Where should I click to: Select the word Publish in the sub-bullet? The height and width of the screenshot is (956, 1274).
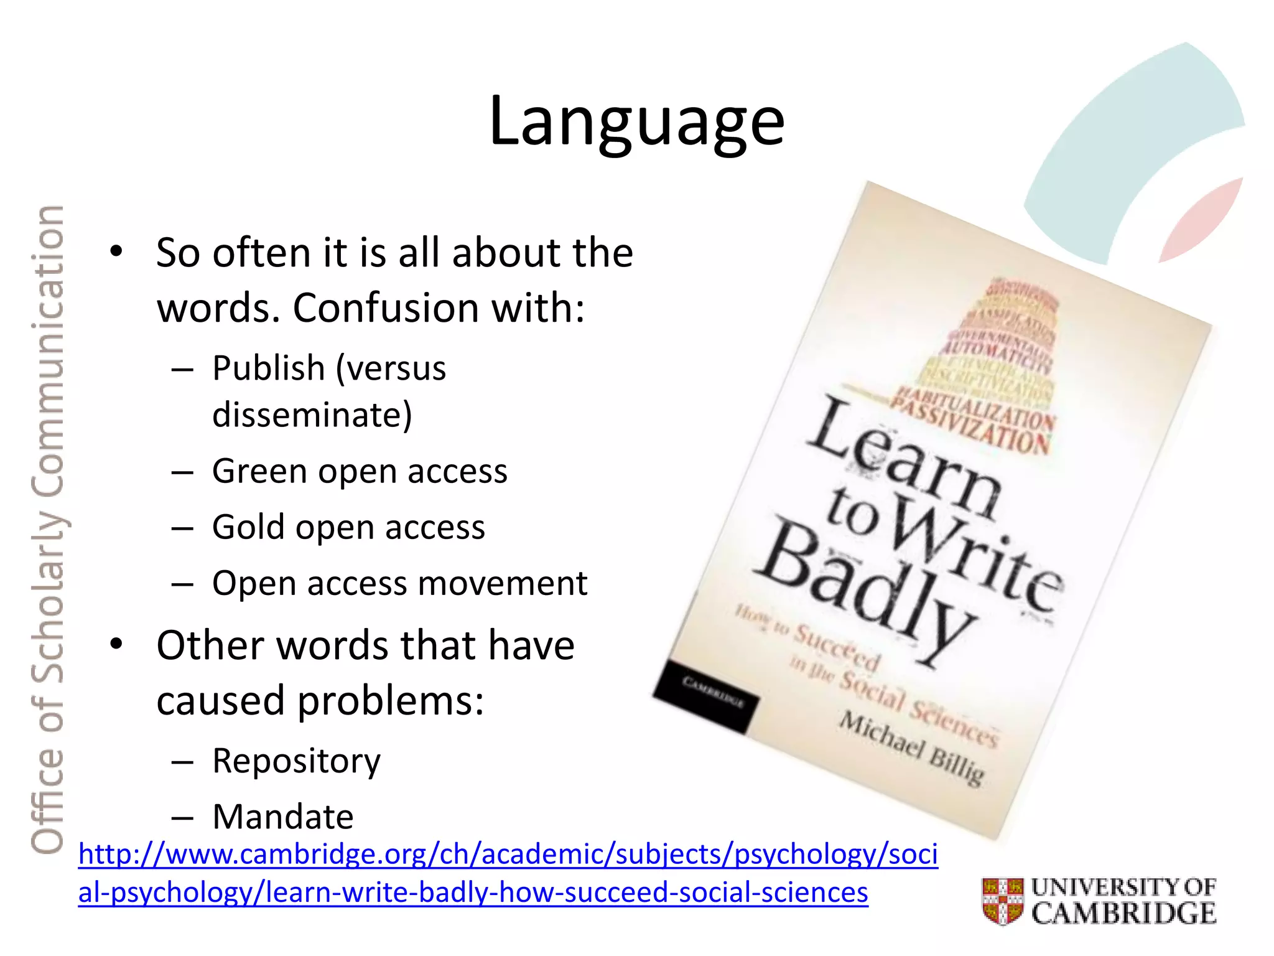click(x=268, y=368)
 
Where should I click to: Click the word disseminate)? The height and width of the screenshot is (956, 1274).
click(x=312, y=415)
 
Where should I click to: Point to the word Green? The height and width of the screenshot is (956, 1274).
click(x=260, y=471)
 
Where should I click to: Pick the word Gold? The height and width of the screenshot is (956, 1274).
click(x=248, y=527)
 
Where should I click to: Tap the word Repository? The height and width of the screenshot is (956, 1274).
click(x=296, y=761)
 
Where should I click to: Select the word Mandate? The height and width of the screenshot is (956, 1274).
click(x=283, y=817)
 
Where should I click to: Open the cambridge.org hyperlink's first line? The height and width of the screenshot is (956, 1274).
click(x=508, y=854)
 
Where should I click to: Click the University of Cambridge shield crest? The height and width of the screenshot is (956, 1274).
click(x=1003, y=901)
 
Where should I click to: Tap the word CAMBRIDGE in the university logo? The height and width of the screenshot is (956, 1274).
click(x=1123, y=914)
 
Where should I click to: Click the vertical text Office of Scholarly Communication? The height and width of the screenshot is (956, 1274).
click(x=48, y=529)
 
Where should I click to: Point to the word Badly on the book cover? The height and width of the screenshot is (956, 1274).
click(x=865, y=591)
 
